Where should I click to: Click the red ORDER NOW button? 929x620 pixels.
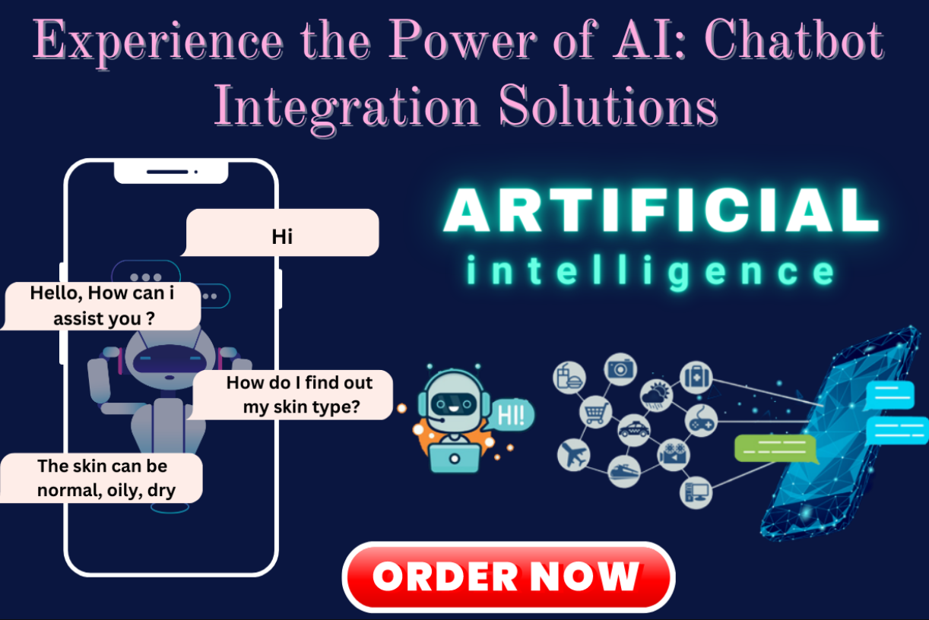click(x=509, y=577)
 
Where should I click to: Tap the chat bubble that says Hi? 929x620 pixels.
click(x=281, y=232)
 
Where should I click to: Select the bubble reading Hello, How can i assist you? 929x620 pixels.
click(x=101, y=306)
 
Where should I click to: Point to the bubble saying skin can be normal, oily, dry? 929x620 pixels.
click(x=101, y=478)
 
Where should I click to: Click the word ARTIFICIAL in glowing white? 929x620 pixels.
click(x=661, y=210)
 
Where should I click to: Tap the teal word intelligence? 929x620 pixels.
click(x=650, y=272)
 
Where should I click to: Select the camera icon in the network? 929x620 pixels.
click(x=620, y=369)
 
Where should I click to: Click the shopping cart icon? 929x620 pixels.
click(x=595, y=412)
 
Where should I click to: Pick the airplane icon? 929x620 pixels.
click(x=573, y=454)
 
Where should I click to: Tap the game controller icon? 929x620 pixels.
click(x=701, y=421)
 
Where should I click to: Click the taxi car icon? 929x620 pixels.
click(x=633, y=430)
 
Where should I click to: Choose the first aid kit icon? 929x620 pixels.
click(x=696, y=377)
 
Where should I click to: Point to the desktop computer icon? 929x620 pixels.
click(x=696, y=493)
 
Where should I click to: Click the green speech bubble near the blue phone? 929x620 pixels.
click(x=776, y=449)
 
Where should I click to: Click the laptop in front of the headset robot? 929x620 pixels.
click(x=455, y=458)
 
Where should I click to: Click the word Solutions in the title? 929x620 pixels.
click(x=608, y=106)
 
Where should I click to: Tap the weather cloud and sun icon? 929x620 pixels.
click(x=656, y=394)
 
